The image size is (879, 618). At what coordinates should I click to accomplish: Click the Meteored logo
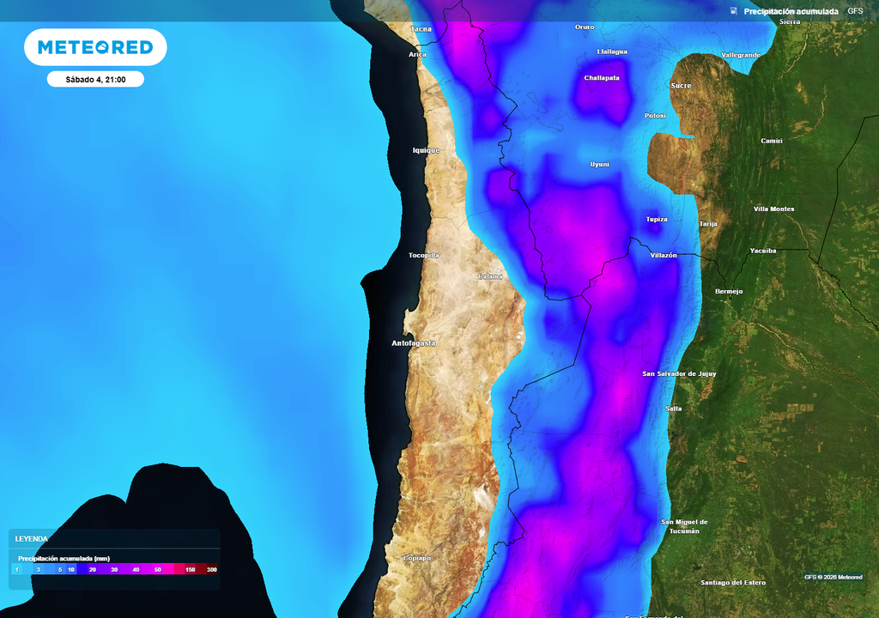(x=95, y=47)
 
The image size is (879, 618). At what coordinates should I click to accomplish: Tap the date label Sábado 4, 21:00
(x=95, y=80)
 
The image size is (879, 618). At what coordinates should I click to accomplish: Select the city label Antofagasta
(x=413, y=343)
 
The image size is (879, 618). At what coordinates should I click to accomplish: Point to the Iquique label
(x=426, y=150)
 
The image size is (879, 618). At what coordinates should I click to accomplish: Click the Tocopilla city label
(x=424, y=255)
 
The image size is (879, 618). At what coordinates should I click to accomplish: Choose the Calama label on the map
(x=490, y=276)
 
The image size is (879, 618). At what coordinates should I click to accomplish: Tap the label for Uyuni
(x=599, y=164)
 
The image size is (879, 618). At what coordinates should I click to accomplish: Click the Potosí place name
(x=655, y=116)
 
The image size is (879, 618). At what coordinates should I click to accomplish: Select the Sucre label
(x=681, y=86)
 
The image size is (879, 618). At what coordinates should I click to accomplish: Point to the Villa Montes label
(x=773, y=209)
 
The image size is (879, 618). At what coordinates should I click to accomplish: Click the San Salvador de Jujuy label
(x=679, y=373)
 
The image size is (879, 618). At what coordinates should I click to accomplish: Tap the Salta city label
(x=674, y=409)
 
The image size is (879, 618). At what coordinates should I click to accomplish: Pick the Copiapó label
(x=416, y=558)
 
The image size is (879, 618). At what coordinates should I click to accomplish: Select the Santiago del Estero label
(x=732, y=583)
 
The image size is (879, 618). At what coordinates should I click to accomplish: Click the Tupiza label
(x=657, y=219)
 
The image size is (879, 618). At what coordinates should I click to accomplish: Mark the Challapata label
(x=602, y=77)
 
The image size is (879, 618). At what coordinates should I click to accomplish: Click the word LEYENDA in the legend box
(x=32, y=538)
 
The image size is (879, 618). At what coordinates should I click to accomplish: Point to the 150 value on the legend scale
(x=190, y=570)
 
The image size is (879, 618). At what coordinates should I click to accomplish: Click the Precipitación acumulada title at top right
(x=791, y=11)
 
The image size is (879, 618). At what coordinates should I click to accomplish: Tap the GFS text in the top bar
(x=855, y=11)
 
